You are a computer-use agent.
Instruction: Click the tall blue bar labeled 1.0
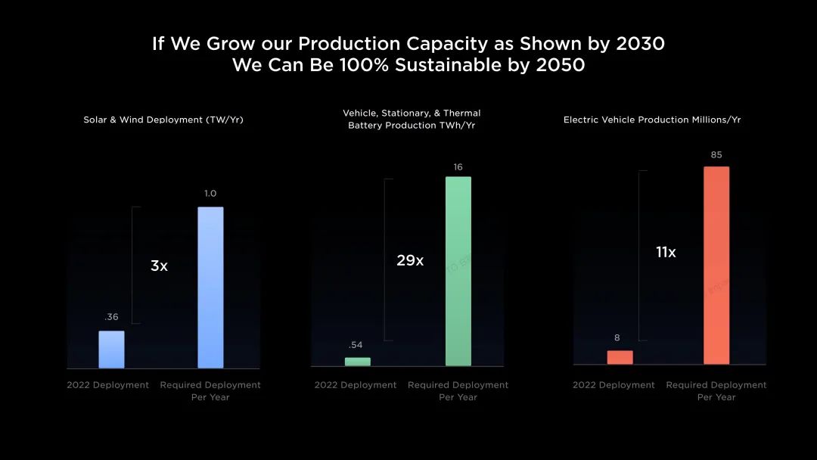pyautogui.click(x=210, y=287)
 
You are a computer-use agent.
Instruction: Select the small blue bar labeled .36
pyautogui.click(x=111, y=350)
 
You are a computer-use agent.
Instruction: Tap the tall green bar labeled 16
pyautogui.click(x=458, y=272)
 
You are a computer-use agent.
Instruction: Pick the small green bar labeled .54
pyautogui.click(x=357, y=362)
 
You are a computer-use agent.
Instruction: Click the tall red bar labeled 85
pyautogui.click(x=716, y=266)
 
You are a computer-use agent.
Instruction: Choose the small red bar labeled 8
pyautogui.click(x=620, y=357)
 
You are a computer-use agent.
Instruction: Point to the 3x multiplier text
pyautogui.click(x=159, y=266)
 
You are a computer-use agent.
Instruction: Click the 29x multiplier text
pyautogui.click(x=410, y=260)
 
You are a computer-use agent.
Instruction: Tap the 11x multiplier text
pyautogui.click(x=666, y=252)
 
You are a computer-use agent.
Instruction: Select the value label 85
pyautogui.click(x=716, y=155)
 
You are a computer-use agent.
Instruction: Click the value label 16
pyautogui.click(x=458, y=167)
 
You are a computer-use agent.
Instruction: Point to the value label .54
pyautogui.click(x=356, y=345)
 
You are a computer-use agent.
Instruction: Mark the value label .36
pyautogui.click(x=111, y=317)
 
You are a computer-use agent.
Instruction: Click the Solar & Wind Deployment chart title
pyautogui.click(x=163, y=120)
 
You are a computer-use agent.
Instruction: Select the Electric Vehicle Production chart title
pyautogui.click(x=652, y=120)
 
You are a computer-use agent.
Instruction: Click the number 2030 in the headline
pyautogui.click(x=641, y=43)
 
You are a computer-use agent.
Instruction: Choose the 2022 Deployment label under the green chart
pyautogui.click(x=356, y=385)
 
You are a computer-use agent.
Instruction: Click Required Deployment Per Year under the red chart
pyautogui.click(x=716, y=390)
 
